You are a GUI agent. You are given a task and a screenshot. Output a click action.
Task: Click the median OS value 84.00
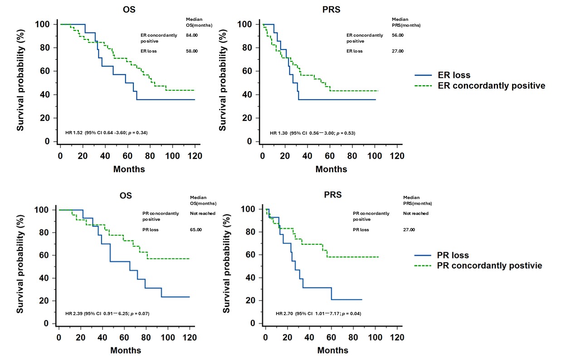(192, 35)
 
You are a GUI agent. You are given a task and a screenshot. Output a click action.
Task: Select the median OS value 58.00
(192, 51)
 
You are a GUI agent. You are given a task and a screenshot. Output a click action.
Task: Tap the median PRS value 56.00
(398, 35)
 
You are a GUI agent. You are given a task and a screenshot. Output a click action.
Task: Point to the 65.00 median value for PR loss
(196, 230)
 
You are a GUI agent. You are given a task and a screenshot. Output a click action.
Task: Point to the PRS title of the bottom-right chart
(333, 195)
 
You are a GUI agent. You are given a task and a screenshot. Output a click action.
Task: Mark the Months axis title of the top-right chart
(331, 169)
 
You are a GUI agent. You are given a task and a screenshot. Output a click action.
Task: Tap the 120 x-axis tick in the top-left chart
(195, 155)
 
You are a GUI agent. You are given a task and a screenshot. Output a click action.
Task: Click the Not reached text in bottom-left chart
(203, 214)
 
